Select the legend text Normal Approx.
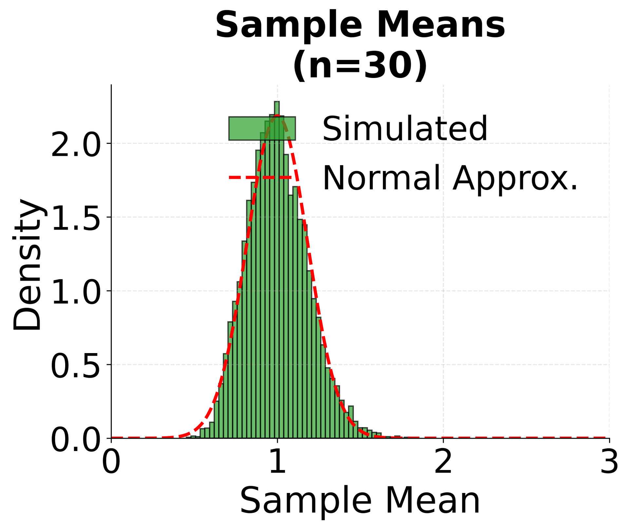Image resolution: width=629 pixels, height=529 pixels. pos(450,178)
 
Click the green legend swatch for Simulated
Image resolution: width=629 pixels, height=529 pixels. pos(262,128)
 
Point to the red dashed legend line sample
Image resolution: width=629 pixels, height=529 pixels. pos(261,178)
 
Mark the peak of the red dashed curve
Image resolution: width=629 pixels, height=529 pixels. pos(277,115)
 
